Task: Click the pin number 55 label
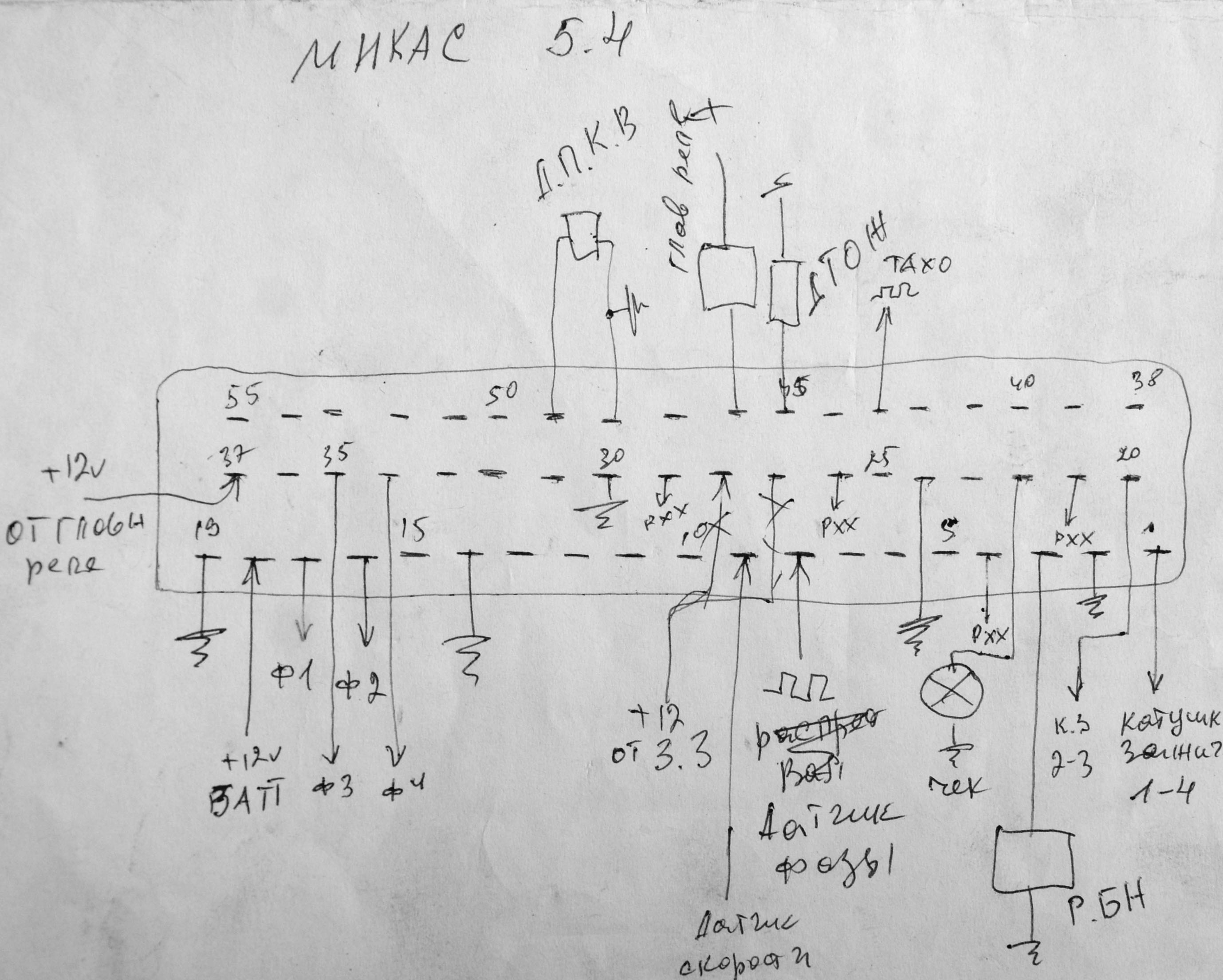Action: point(243,399)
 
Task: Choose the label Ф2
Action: point(361,689)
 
